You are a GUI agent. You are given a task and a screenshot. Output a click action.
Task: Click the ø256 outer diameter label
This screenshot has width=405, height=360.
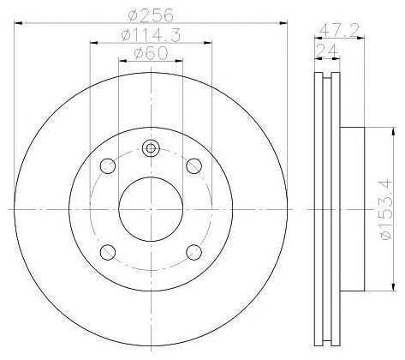[x=151, y=15]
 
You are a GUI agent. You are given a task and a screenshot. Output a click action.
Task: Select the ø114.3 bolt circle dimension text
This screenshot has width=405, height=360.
[x=151, y=35]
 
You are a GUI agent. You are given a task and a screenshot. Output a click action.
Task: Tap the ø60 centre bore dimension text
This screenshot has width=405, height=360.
[x=151, y=53]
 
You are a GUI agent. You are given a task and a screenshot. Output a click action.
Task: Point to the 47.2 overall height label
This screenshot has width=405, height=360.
[x=339, y=30]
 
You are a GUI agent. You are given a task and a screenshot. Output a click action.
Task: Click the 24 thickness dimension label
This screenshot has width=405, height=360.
[x=327, y=51]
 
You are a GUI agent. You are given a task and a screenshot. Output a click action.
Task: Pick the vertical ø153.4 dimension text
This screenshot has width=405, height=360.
[x=386, y=210]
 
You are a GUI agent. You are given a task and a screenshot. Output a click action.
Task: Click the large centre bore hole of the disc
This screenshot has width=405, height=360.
[x=151, y=209]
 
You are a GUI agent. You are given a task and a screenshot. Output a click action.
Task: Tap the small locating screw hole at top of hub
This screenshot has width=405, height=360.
[x=151, y=148]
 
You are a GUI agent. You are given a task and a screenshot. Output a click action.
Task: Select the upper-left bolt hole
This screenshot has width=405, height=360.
[x=108, y=165]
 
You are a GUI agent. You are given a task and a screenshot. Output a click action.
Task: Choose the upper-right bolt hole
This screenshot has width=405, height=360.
[x=194, y=165]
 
